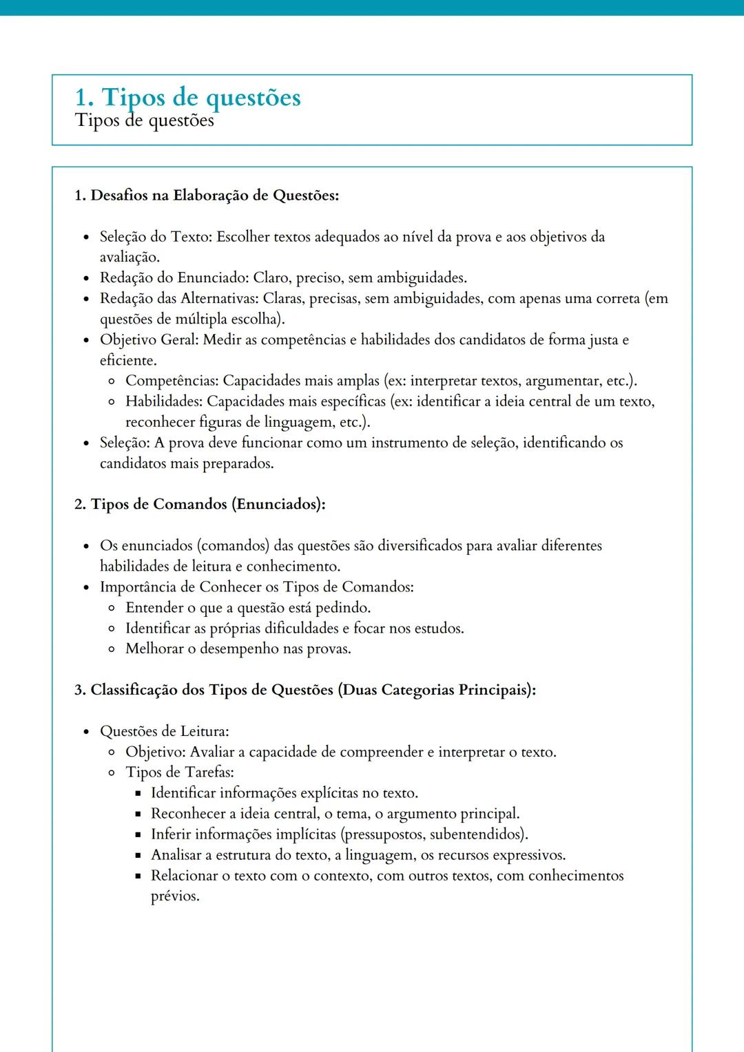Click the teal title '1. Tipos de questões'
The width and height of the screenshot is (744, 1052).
[187, 97]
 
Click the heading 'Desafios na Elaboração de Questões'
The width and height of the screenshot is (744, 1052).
[214, 196]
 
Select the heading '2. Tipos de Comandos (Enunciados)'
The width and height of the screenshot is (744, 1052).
[200, 505]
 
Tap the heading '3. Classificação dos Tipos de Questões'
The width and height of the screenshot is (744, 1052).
[304, 690]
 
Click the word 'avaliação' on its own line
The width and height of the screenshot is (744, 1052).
[129, 257]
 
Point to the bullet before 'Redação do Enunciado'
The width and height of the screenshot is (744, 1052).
[86, 279]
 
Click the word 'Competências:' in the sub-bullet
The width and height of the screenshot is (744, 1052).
[172, 381]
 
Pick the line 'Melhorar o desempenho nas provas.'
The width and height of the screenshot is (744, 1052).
[238, 649]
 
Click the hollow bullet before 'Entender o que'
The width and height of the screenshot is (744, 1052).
[112, 609]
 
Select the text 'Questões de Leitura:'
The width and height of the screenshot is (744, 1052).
[165, 731]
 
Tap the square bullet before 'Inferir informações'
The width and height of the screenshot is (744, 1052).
[138, 835]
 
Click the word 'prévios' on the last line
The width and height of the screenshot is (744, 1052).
[174, 896]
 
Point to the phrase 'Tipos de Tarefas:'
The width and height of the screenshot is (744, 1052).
[180, 772]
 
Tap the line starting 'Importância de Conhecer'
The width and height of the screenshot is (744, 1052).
[256, 587]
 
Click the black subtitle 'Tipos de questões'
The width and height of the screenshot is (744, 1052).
[145, 120]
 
